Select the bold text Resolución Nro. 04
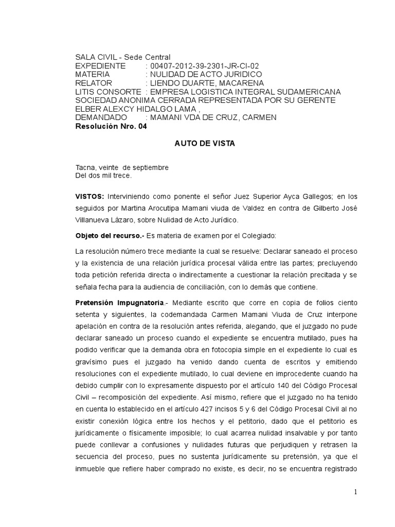111,126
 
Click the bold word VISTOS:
90,197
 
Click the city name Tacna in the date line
85,168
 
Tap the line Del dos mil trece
103,175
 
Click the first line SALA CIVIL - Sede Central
122,57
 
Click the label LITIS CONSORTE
108,92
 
